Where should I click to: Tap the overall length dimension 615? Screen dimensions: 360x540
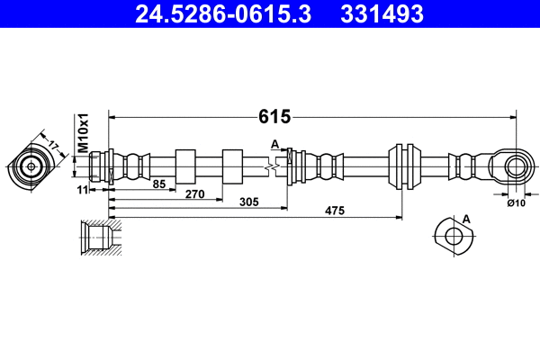point(274,116)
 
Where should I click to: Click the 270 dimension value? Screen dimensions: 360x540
point(195,193)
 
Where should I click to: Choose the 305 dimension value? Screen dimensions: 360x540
point(250,203)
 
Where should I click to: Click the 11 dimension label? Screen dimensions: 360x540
point(83,190)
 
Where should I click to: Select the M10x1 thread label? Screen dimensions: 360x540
point(81,133)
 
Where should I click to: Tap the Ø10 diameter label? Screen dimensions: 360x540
point(516,203)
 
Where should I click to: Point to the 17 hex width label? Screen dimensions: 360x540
point(53,144)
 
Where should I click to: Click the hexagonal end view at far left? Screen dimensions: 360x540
point(31,166)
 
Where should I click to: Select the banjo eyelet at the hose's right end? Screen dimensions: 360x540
point(515,166)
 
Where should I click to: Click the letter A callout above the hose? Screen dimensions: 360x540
point(274,143)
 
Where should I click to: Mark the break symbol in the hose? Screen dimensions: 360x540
point(268,166)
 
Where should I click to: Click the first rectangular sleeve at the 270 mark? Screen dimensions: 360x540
point(185,166)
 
